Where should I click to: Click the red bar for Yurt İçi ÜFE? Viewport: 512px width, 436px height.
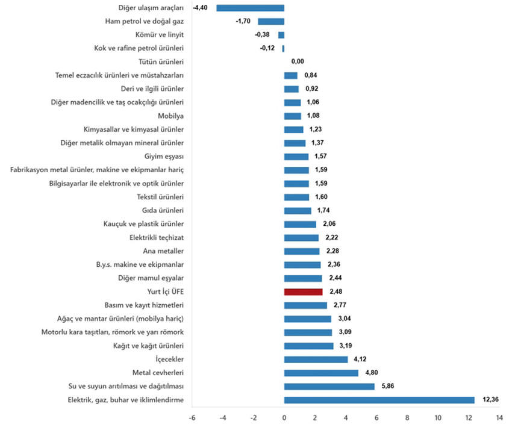coord(303,291)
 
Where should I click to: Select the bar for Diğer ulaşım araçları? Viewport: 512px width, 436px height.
coord(250,8)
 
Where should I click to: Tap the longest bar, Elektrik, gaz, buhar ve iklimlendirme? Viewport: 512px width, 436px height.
coord(379,400)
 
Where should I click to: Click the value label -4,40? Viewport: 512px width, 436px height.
coord(201,8)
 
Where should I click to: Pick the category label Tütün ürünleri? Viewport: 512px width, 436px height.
coord(161,61)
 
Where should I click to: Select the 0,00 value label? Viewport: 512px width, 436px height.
coord(297,61)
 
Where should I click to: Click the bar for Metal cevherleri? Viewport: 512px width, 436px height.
coord(321,373)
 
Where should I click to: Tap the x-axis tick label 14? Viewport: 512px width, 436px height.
coord(499,417)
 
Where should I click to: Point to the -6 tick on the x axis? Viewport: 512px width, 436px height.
coord(192,417)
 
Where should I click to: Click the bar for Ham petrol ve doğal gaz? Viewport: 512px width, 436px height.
coord(271,21)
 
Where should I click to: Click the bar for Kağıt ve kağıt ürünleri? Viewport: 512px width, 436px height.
coord(308,346)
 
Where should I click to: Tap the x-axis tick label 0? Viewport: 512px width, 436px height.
coord(284,417)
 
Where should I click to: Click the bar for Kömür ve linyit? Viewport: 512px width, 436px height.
coord(281,35)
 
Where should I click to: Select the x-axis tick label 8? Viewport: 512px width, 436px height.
coord(407,417)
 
